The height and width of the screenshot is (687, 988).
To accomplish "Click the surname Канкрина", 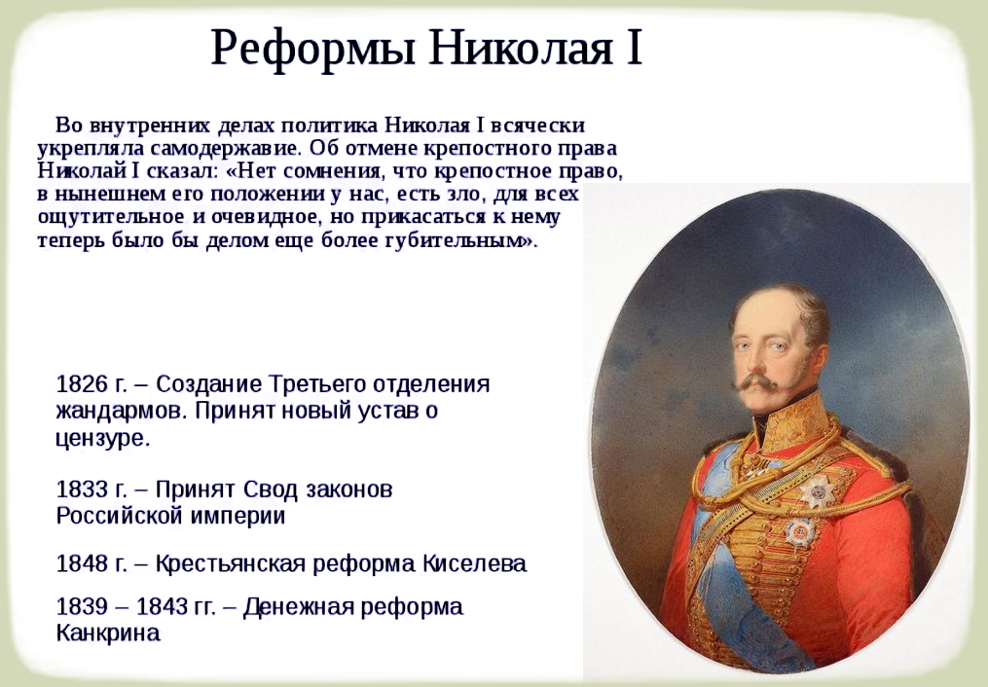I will coord(107,633).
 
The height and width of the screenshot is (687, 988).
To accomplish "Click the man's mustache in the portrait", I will coord(756,384).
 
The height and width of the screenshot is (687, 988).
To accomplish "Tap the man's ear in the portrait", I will coord(814,342).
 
